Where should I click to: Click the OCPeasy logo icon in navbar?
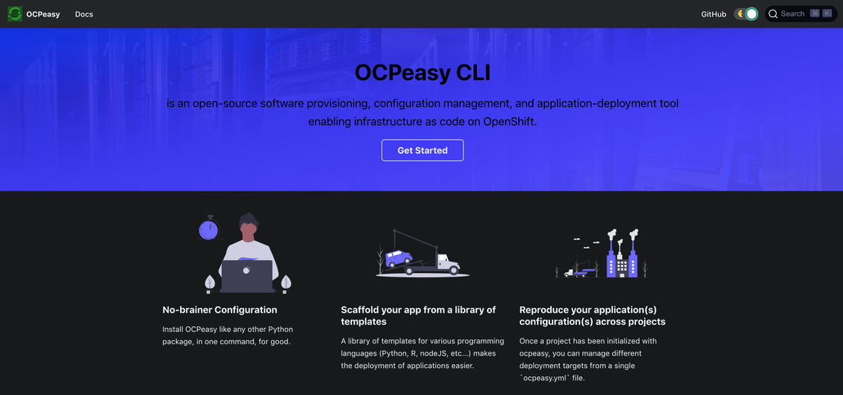(15, 14)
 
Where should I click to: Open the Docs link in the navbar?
(83, 14)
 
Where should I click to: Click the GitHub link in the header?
(713, 14)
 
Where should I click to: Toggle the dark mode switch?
(746, 14)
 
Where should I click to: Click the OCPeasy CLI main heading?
(422, 73)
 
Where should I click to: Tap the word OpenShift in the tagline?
(509, 121)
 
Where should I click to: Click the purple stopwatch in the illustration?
(209, 229)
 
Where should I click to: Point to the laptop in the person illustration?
(246, 276)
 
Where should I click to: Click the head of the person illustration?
(249, 224)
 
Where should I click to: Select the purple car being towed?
(399, 258)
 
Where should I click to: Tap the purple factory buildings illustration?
(621, 258)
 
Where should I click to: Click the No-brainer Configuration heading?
(219, 310)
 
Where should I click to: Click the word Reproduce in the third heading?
(544, 310)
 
